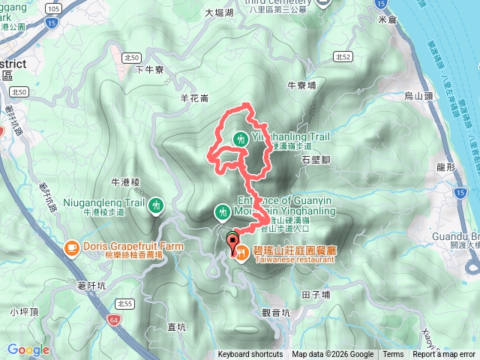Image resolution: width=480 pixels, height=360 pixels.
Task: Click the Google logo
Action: [28, 349]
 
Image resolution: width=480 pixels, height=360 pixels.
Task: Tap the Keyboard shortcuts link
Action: [250, 355]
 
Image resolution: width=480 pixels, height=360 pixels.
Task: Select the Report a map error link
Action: [444, 355]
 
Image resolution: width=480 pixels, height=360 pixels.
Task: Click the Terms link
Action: [393, 355]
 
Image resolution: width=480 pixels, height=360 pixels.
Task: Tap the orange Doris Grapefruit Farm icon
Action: [71, 246]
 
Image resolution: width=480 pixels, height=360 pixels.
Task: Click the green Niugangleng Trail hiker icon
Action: [156, 204]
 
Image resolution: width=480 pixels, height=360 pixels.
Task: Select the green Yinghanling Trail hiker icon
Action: [240, 139]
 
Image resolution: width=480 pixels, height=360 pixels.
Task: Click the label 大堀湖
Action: [219, 13]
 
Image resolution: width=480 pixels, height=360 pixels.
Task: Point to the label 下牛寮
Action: [150, 70]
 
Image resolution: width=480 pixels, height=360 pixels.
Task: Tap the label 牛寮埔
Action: [302, 85]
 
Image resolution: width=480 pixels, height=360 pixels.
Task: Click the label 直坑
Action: [177, 326]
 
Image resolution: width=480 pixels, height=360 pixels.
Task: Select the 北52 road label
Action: [343, 56]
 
